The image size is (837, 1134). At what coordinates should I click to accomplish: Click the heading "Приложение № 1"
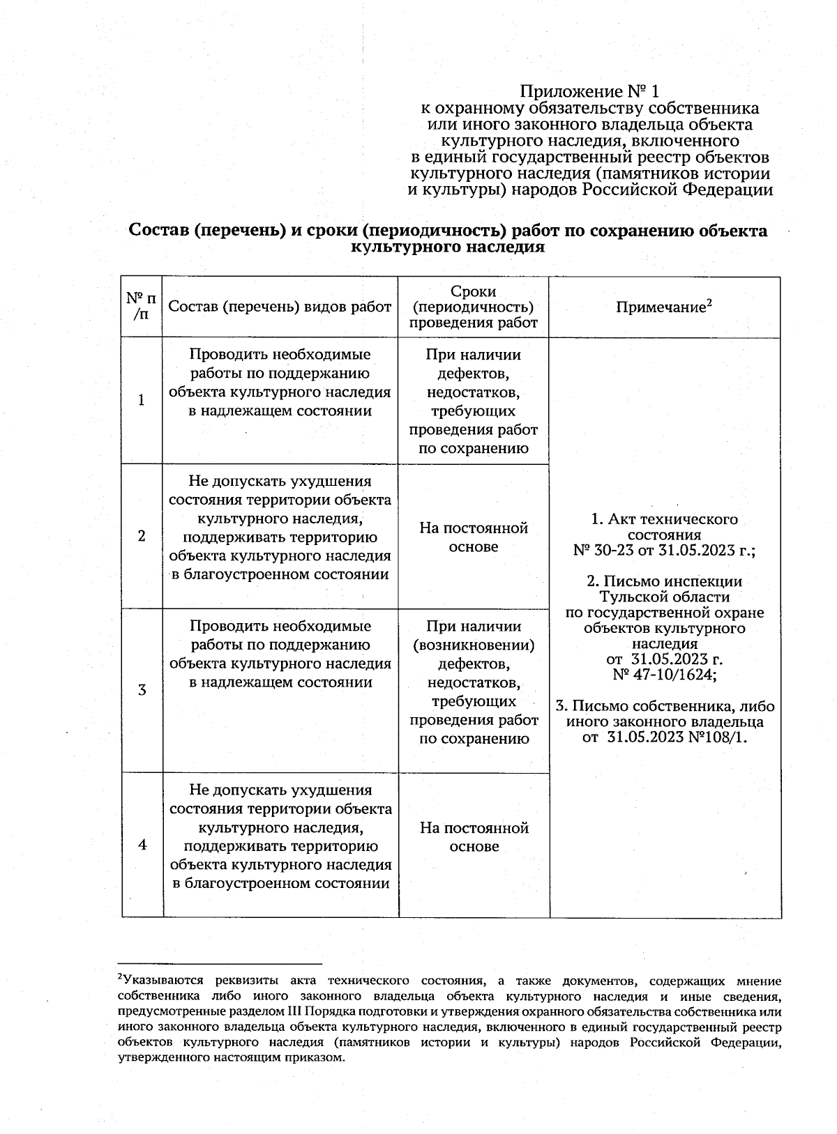[589, 91]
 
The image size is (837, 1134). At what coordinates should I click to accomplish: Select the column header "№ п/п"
[142, 307]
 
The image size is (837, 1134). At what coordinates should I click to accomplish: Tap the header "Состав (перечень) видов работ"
[280, 307]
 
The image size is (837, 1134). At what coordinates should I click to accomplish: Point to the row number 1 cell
[142, 401]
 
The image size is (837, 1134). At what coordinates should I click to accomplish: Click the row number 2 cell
[142, 536]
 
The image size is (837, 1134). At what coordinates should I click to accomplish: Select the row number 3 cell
[142, 690]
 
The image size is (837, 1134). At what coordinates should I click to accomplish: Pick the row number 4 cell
[142, 845]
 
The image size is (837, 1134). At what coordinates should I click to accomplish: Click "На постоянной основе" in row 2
[474, 537]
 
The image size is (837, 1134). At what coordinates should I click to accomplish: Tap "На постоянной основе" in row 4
[474, 837]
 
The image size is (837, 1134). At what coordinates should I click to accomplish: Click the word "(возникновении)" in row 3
[474, 645]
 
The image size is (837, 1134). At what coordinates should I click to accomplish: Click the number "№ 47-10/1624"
[663, 675]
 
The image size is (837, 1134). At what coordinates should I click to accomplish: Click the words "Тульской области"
[664, 597]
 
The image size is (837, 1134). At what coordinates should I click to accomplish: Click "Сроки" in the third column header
[474, 291]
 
